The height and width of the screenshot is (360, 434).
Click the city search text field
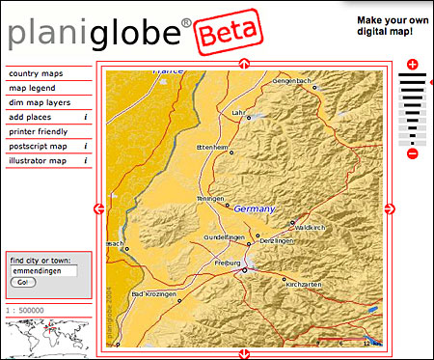coord(42,270)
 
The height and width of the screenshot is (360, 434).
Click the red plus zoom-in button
coord(413,65)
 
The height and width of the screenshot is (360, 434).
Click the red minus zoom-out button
coord(413,153)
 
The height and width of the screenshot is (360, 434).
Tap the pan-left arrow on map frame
coord(98,208)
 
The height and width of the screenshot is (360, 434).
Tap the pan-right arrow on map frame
coord(389,208)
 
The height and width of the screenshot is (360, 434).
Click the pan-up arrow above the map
coord(243,65)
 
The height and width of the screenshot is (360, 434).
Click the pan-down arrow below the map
coord(243,352)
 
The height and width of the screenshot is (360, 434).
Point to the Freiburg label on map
coord(227,263)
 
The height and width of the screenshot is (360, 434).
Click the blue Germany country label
coord(255,209)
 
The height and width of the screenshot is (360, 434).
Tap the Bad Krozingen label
coord(150,293)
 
